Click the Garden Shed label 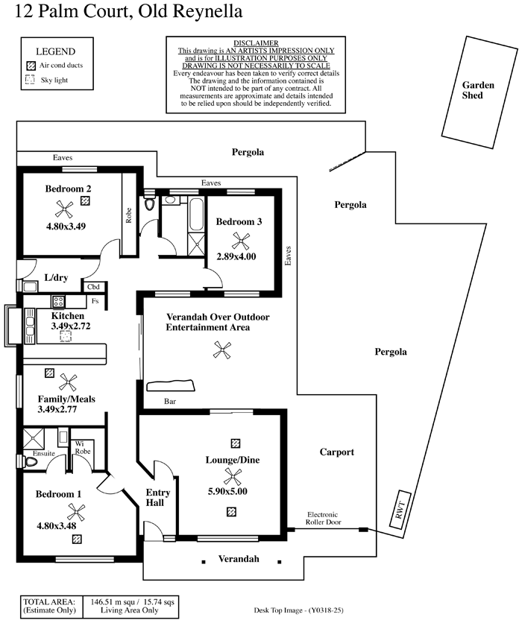[477, 90]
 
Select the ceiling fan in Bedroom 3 [240, 240]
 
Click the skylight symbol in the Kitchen [65, 337]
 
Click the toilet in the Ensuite [30, 462]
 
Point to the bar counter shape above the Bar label [172, 385]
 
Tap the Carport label [336, 452]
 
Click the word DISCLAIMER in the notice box [256, 44]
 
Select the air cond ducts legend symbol [31, 66]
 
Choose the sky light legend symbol [31, 79]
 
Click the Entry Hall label [157, 497]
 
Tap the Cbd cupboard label [93, 287]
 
